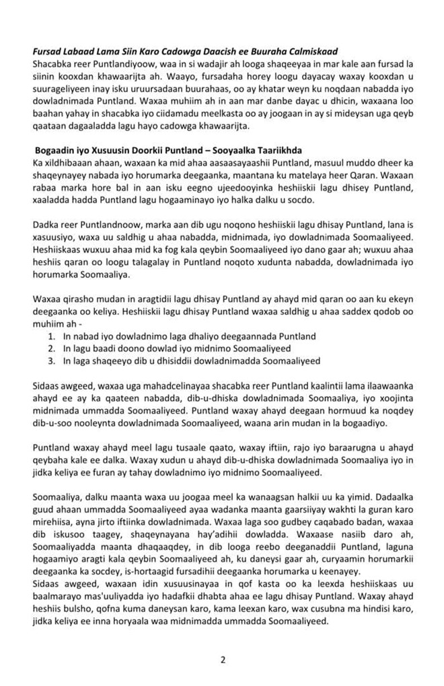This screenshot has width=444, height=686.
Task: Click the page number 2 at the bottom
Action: click(223, 660)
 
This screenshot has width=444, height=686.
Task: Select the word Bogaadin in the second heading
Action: click(57, 151)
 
